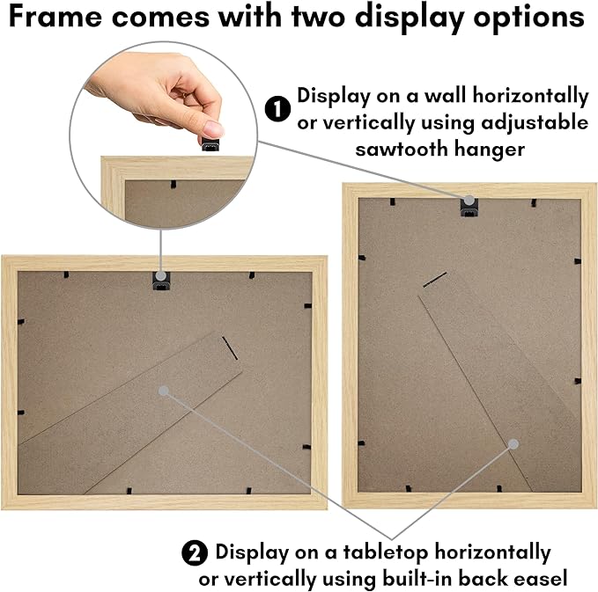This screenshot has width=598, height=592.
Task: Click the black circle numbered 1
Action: coord(277,109)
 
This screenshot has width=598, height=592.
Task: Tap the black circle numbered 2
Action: coord(195,552)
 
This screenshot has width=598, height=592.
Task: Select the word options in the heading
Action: coord(528,18)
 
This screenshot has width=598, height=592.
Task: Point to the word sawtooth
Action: coord(402,149)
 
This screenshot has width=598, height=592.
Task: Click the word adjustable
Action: coord(535,123)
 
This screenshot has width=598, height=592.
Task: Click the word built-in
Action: coord(418,579)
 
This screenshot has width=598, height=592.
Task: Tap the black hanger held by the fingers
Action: coord(210,144)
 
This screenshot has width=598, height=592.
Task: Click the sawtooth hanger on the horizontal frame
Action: coord(161,281)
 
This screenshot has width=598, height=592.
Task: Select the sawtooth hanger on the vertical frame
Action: coord(469,208)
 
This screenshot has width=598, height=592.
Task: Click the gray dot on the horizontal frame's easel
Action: coord(163,391)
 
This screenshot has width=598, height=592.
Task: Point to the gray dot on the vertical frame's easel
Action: coord(513,444)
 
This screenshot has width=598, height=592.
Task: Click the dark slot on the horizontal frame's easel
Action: coord(230,348)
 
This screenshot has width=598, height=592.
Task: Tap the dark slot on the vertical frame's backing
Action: coord(435,280)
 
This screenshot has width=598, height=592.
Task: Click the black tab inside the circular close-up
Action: coord(173,185)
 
